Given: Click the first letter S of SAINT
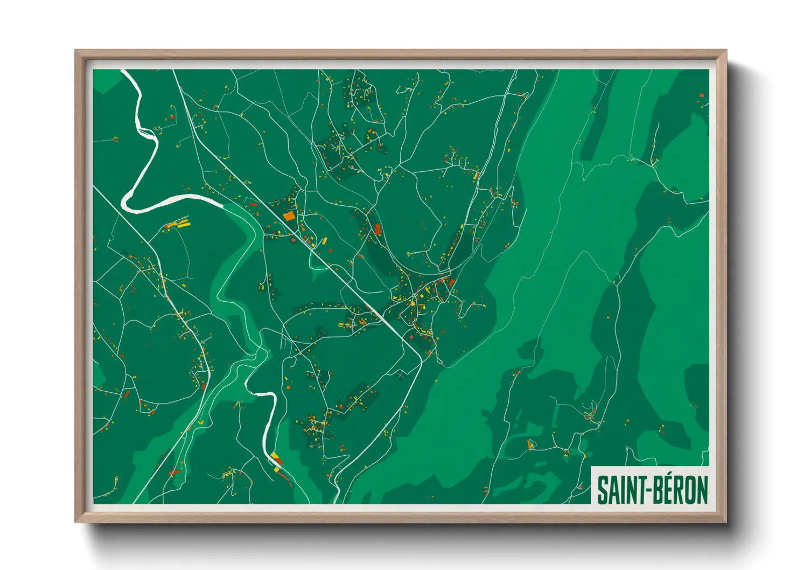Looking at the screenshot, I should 602,490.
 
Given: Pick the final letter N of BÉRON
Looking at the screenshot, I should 702,490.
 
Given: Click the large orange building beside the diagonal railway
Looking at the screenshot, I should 289,217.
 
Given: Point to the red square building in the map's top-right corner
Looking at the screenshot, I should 702,95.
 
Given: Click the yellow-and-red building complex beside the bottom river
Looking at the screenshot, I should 277,459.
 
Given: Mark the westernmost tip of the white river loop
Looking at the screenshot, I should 124,203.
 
